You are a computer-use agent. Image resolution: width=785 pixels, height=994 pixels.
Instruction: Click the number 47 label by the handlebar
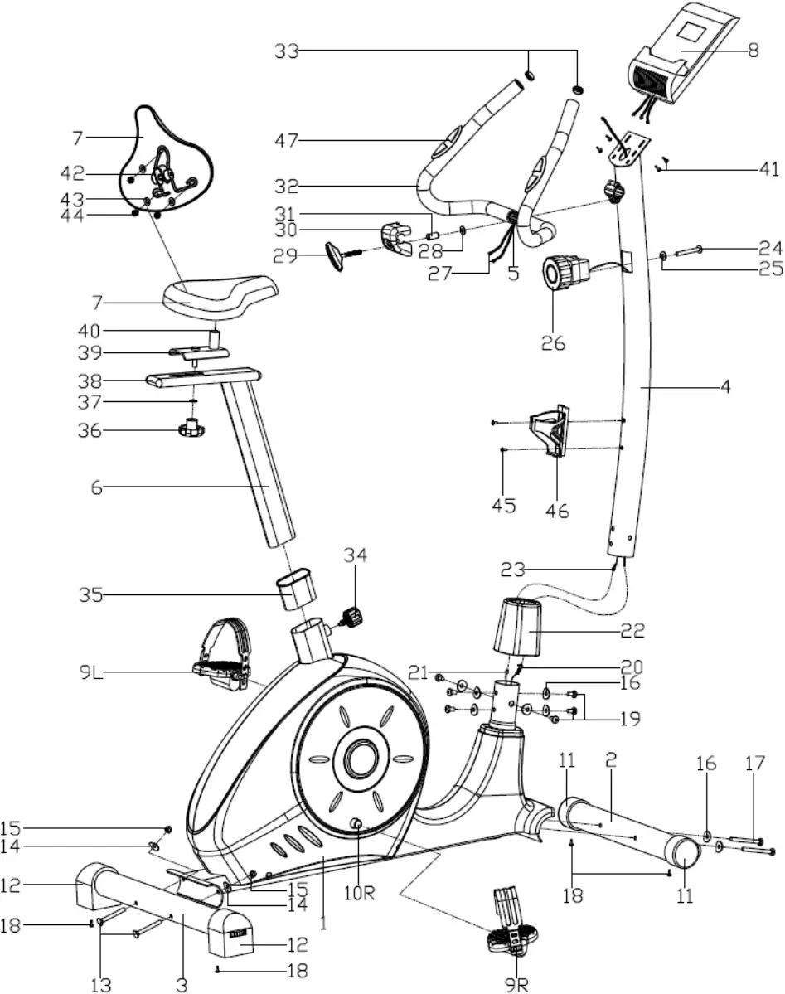(288, 142)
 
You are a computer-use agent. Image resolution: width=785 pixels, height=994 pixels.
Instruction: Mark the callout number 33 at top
(287, 51)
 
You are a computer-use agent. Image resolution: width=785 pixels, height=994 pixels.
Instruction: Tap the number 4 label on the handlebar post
(725, 386)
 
